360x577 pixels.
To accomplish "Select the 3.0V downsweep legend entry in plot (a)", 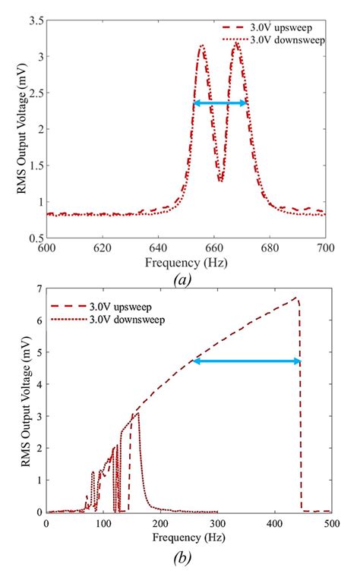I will click(x=290, y=39).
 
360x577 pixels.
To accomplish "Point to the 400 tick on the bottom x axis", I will click(x=274, y=525).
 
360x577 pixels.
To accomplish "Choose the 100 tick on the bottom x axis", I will click(x=103, y=525).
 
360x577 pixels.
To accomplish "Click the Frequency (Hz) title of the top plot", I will click(x=186, y=261).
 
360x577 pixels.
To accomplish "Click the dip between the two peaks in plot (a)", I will click(x=220, y=181).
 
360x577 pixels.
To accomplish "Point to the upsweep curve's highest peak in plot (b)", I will click(x=295, y=298).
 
